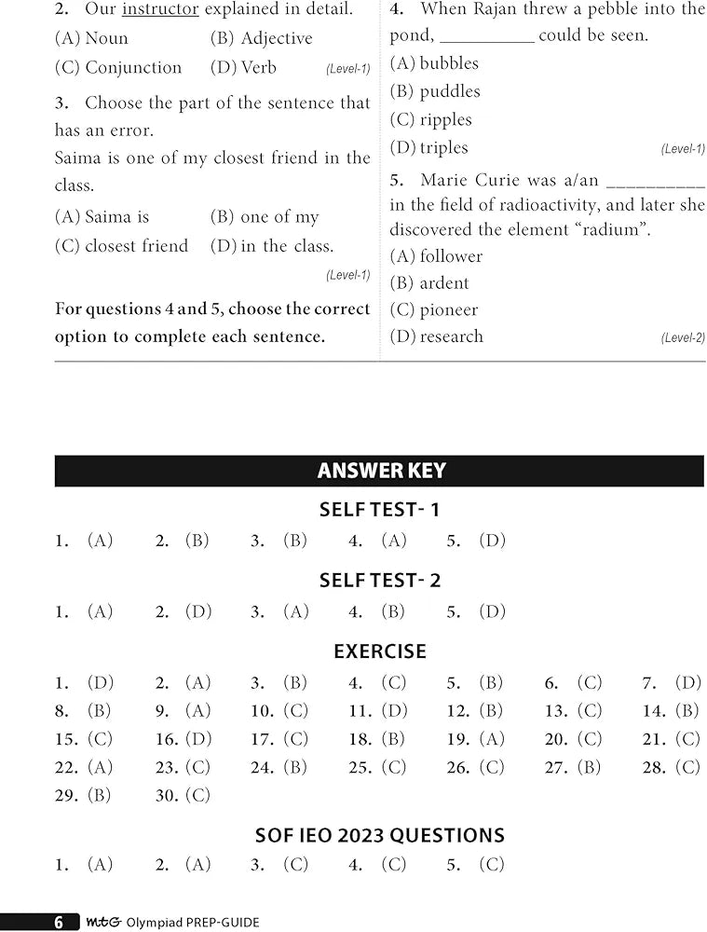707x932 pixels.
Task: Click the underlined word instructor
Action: tap(160, 10)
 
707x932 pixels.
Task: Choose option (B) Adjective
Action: tap(262, 38)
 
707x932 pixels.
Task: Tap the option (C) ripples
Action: tap(431, 120)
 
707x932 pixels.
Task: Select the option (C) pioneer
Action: tap(434, 310)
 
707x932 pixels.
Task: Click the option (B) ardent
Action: tap(429, 283)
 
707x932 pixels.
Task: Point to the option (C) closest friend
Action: tap(121, 246)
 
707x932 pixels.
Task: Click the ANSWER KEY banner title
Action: tap(381, 471)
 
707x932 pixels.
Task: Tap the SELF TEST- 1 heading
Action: tap(379, 510)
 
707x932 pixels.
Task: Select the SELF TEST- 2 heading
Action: tap(379, 581)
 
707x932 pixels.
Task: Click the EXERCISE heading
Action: tap(380, 651)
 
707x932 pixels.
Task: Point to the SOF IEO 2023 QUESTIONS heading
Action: tap(380, 836)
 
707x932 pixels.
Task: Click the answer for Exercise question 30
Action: tap(197, 796)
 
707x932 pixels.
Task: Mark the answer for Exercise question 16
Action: tap(197, 739)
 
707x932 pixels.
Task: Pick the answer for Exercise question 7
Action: tap(687, 683)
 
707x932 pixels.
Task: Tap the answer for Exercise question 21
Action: tap(687, 739)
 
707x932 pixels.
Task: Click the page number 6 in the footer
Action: tap(59, 923)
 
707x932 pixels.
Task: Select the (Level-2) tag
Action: tap(683, 338)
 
